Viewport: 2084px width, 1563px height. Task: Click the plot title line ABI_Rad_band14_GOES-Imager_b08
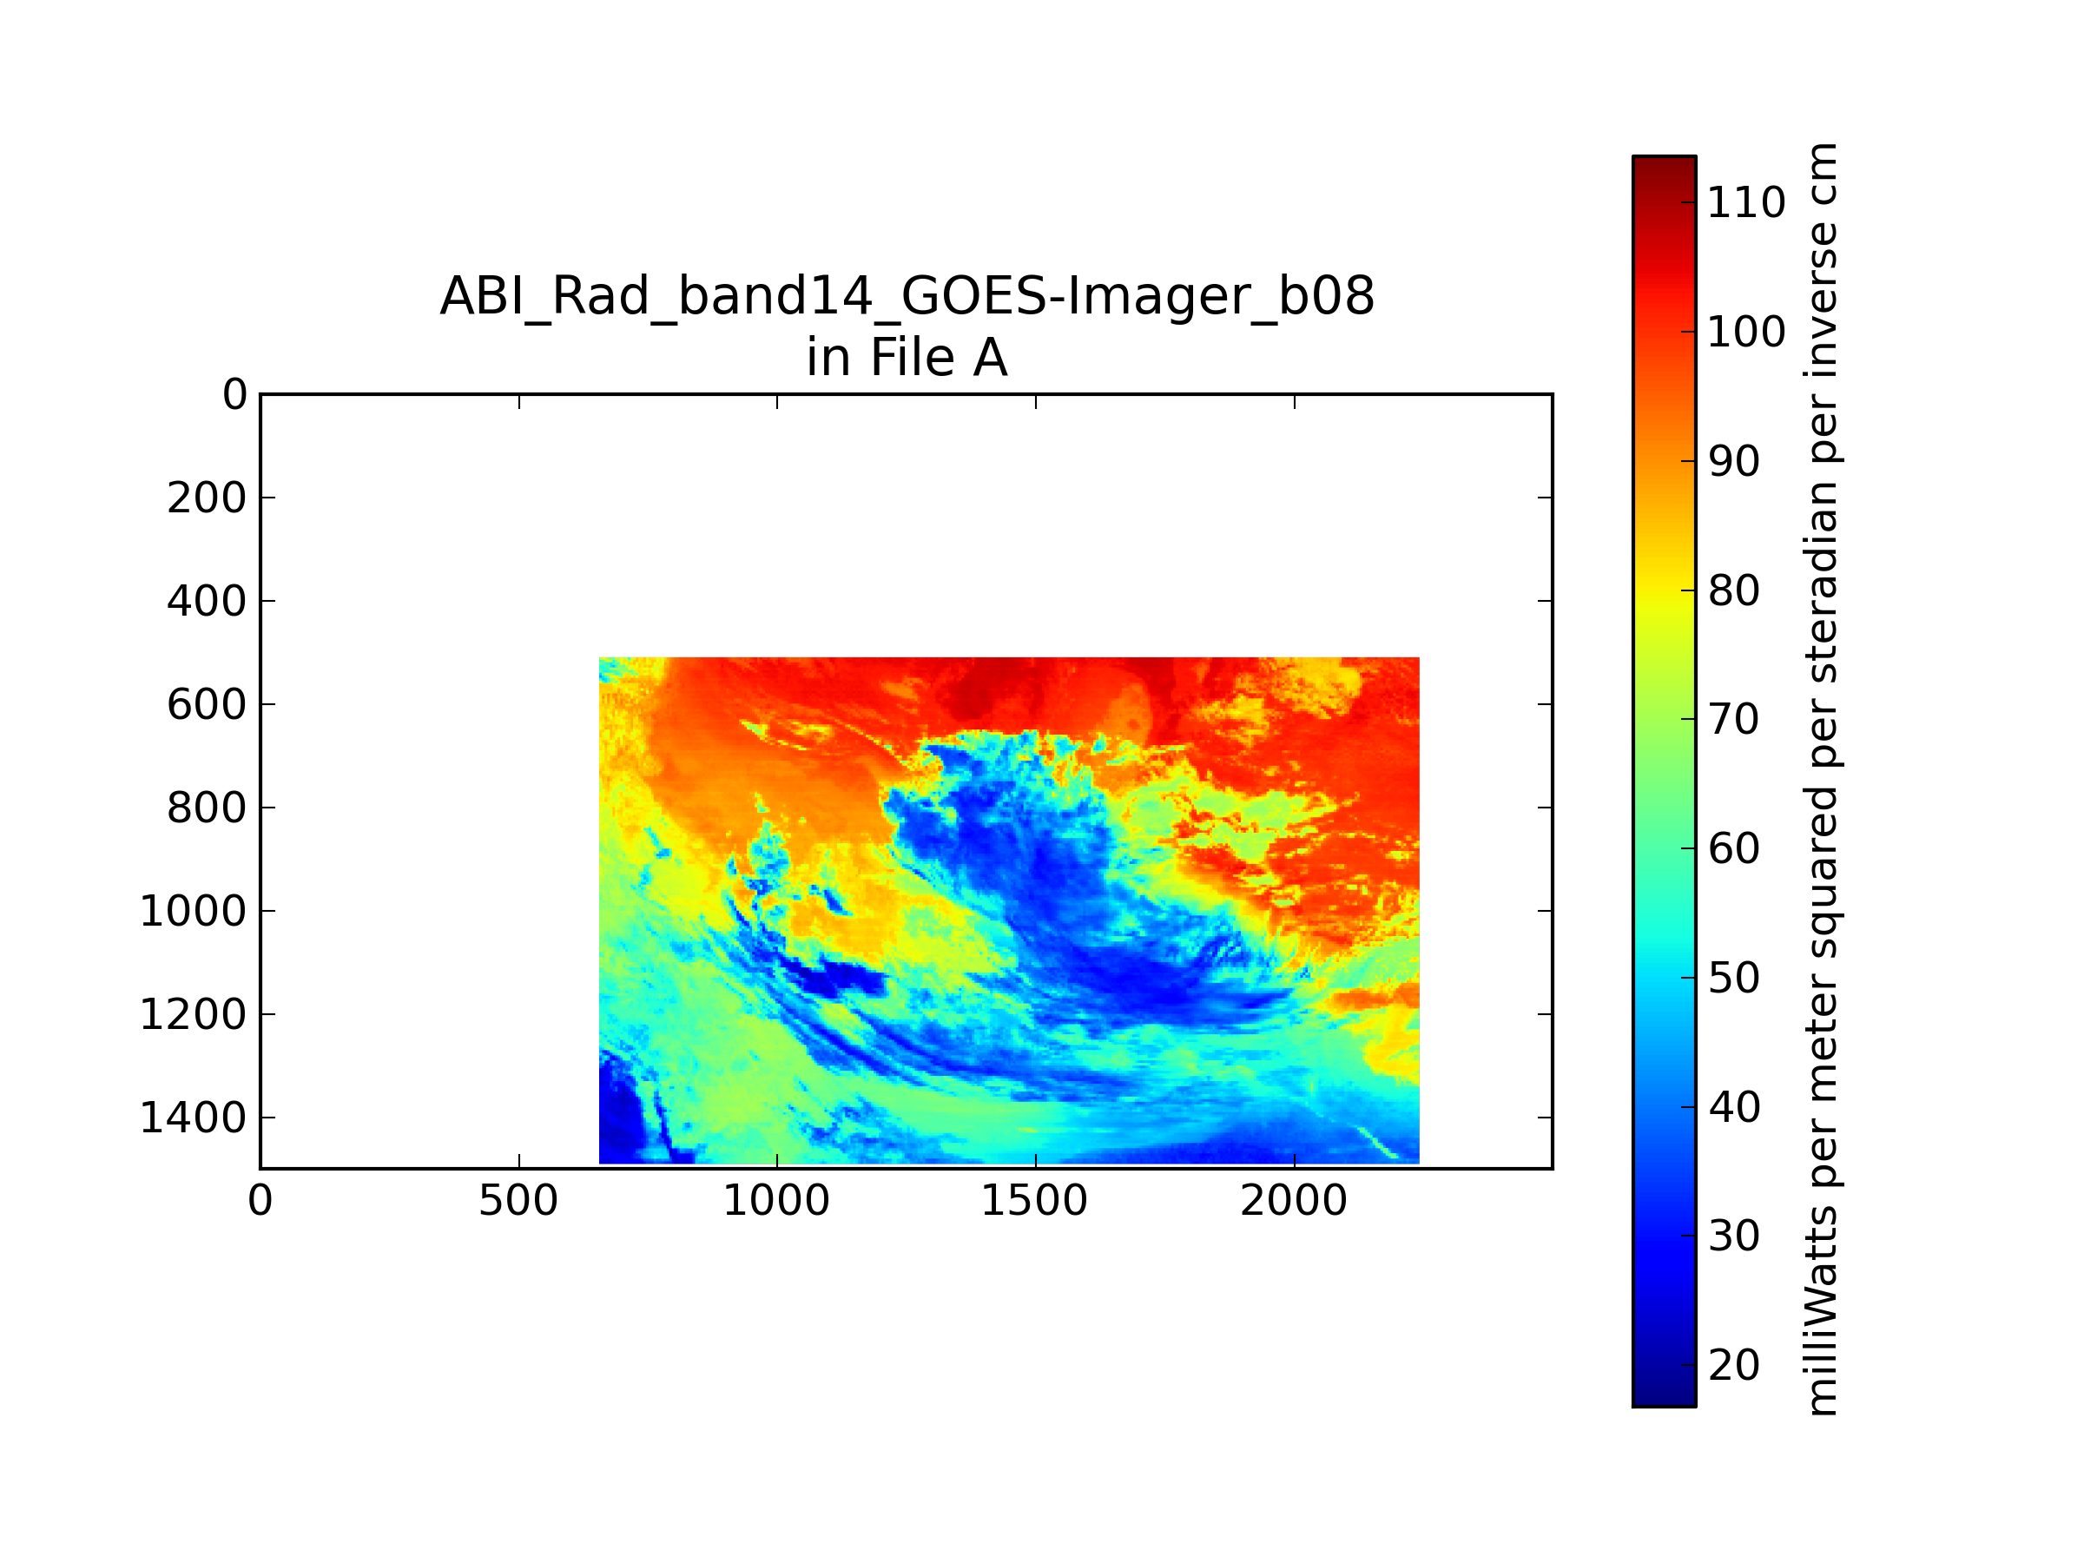(907, 298)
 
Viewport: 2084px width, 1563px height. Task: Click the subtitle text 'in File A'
(907, 358)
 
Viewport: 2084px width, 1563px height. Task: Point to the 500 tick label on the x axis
(518, 1201)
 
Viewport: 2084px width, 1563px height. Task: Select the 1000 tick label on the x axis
(776, 1201)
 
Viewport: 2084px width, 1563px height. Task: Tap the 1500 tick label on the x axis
(1034, 1201)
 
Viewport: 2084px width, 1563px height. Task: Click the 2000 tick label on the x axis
(1294, 1201)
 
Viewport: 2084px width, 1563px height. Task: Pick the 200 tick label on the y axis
(208, 498)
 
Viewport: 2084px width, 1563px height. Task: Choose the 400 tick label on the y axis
(208, 601)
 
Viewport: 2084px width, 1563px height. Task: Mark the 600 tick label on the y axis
(208, 705)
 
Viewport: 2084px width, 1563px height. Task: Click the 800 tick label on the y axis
(208, 808)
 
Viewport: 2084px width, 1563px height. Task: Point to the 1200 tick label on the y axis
(193, 1015)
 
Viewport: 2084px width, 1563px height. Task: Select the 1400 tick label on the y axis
(193, 1118)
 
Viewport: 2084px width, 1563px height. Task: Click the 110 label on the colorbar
(1745, 202)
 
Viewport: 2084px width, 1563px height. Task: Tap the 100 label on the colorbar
(1745, 332)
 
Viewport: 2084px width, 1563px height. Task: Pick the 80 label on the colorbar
(1733, 590)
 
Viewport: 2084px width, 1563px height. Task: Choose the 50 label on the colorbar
(1733, 978)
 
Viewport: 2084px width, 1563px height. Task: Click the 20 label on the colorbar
(1733, 1365)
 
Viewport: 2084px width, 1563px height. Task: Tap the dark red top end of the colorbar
(1664, 165)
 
